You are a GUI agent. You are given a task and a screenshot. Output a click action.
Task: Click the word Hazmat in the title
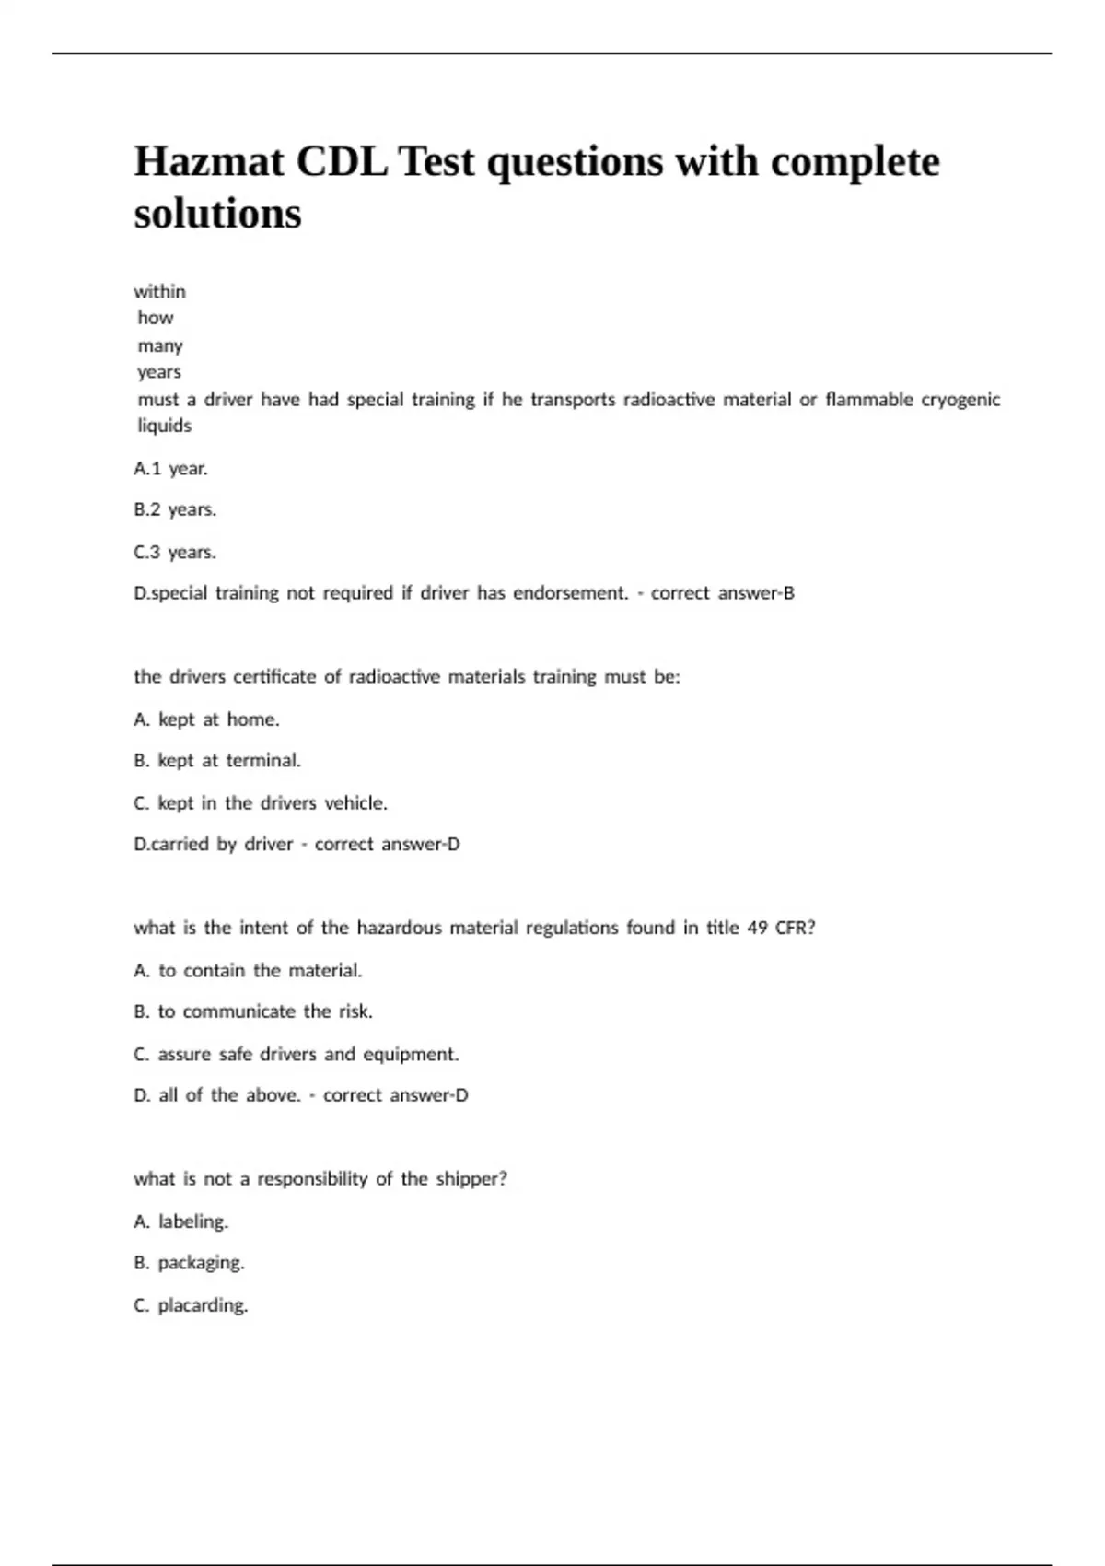pyautogui.click(x=209, y=162)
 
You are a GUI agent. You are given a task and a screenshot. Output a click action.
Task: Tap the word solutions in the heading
pyautogui.click(x=217, y=214)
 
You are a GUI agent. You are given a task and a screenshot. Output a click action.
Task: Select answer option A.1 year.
pyautogui.click(x=170, y=468)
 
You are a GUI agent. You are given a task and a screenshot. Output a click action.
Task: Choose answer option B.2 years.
pyautogui.click(x=175, y=509)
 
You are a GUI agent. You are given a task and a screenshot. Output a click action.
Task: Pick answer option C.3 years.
pyautogui.click(x=175, y=552)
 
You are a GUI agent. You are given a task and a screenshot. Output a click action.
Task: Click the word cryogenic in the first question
pyautogui.click(x=960, y=400)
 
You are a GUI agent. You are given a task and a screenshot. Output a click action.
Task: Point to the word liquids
pyautogui.click(x=164, y=426)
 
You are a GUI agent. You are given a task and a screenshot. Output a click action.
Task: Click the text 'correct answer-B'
pyautogui.click(x=722, y=593)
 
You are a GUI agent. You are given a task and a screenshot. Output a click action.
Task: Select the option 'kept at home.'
pyautogui.click(x=218, y=719)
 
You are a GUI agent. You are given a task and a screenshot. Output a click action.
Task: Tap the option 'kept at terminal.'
pyautogui.click(x=228, y=761)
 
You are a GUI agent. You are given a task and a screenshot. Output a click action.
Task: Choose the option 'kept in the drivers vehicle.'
pyautogui.click(x=272, y=803)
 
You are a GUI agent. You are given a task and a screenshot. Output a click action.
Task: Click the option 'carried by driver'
pyautogui.click(x=213, y=844)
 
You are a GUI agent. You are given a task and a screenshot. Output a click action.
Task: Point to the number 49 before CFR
pyautogui.click(x=757, y=928)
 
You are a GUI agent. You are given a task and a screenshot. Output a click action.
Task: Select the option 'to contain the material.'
pyautogui.click(x=260, y=970)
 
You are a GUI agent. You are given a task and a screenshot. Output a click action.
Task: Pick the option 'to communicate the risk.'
pyautogui.click(x=264, y=1011)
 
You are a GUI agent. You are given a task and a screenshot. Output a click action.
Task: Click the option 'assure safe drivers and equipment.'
pyautogui.click(x=308, y=1054)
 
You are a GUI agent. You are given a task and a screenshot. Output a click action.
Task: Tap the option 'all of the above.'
pyautogui.click(x=229, y=1095)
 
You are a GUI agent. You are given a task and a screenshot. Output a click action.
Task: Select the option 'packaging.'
pyautogui.click(x=201, y=1263)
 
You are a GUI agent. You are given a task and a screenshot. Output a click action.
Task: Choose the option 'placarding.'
pyautogui.click(x=203, y=1305)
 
